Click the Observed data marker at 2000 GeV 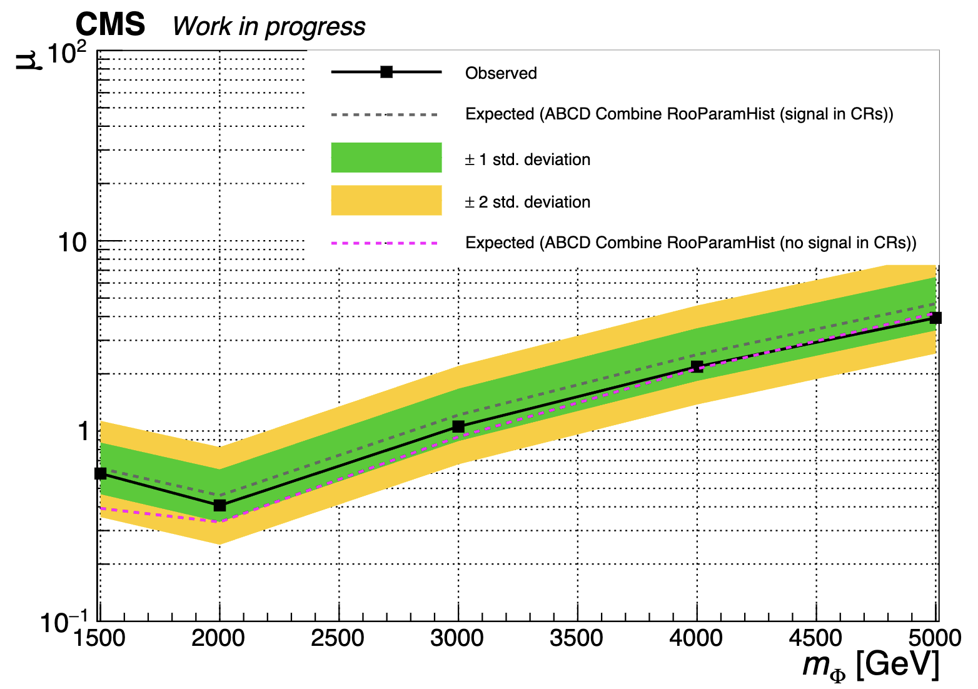click(x=219, y=505)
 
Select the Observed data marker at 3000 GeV click(x=458, y=426)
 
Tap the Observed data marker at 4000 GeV click(x=697, y=366)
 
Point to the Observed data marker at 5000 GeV click(x=935, y=318)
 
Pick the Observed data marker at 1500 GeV click(x=101, y=473)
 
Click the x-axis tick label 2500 click(x=338, y=639)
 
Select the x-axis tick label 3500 click(x=577, y=639)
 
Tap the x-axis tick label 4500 click(x=815, y=639)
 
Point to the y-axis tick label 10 click(x=73, y=243)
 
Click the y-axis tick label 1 click(x=83, y=431)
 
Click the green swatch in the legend click(x=386, y=158)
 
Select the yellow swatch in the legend click(x=386, y=200)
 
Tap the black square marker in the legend click(x=386, y=72)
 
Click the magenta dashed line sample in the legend click(x=386, y=243)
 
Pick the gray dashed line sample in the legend click(x=386, y=114)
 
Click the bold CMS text click(x=110, y=25)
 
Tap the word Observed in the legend click(x=501, y=73)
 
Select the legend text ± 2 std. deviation click(x=527, y=202)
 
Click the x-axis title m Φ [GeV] click(x=870, y=665)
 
